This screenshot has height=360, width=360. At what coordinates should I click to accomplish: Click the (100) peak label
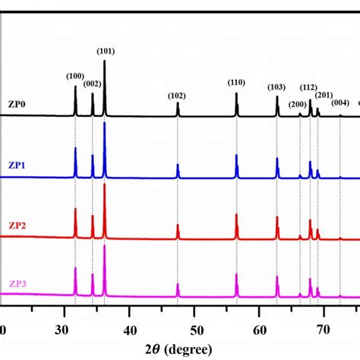75,76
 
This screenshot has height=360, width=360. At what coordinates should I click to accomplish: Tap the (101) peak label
106,51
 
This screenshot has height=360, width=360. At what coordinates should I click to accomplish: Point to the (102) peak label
177,95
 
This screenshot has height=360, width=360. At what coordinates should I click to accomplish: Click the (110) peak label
236,82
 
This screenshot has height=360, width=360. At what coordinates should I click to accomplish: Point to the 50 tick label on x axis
195,330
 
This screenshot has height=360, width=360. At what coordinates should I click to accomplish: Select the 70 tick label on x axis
324,330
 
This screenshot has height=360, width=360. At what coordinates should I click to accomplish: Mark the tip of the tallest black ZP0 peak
104,61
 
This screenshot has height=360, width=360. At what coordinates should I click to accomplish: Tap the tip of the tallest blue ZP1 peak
104,122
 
